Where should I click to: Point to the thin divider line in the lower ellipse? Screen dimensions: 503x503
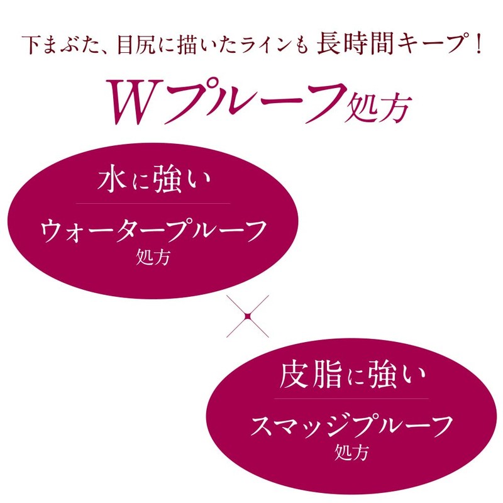(x=352, y=398)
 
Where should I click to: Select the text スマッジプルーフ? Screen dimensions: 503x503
(x=352, y=428)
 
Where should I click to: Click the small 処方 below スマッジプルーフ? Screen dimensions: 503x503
(x=352, y=452)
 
